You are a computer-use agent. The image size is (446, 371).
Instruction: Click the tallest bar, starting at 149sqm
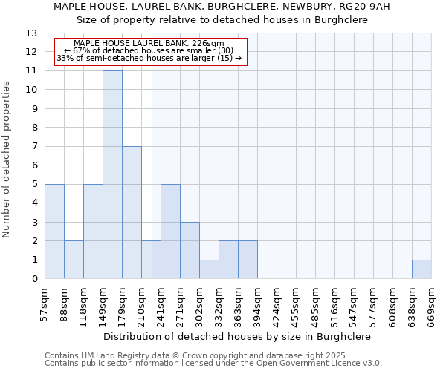pyautogui.click(x=112, y=174)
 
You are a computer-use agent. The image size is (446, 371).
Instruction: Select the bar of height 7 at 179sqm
pyautogui.click(x=132, y=212)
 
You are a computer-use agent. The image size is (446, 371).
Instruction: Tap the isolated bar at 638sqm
pyautogui.click(x=421, y=269)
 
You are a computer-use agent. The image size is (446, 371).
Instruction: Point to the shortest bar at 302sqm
pyautogui.click(x=209, y=269)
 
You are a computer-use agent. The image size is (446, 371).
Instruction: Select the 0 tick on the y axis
pyautogui.click(x=34, y=279)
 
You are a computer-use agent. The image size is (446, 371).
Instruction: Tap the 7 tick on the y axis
pyautogui.click(x=34, y=147)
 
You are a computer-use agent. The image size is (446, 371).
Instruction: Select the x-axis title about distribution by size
pyautogui.click(x=237, y=336)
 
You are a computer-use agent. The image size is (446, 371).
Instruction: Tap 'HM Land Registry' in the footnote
pyautogui.click(x=116, y=356)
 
